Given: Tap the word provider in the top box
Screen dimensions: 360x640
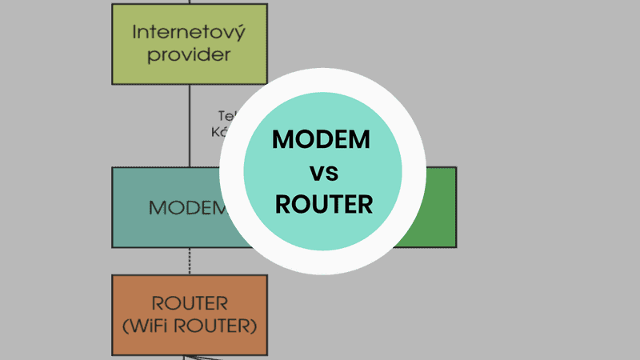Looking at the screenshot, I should tap(189, 55).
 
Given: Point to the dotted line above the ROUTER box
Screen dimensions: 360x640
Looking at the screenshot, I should tap(189, 261).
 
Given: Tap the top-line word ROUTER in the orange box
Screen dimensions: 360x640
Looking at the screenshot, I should tap(189, 304).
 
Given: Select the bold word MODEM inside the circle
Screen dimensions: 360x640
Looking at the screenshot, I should tap(322, 139).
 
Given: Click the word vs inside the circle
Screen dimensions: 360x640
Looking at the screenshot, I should tap(322, 171).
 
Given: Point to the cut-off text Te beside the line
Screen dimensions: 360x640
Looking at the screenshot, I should tap(225, 114).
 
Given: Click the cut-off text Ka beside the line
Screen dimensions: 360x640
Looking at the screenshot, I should tap(221, 132).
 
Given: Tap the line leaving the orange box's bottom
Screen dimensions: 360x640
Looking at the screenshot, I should tap(189, 357).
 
